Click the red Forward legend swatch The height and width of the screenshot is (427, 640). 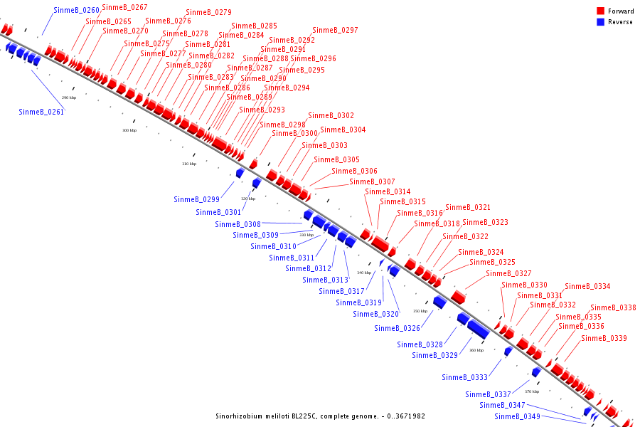pos(601,11)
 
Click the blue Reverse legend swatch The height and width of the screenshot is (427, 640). pos(601,22)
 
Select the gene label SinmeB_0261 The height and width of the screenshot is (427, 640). pos(41,112)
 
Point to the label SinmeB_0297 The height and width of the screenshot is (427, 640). pos(335,31)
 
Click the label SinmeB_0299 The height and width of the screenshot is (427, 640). pos(196,199)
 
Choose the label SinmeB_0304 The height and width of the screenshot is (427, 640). pos(343,130)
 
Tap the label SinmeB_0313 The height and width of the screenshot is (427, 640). pos(325,280)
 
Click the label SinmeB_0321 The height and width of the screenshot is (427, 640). pos(468,208)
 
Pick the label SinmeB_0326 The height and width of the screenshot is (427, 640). pos(397,328)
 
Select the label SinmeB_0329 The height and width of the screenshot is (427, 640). pos(434,355)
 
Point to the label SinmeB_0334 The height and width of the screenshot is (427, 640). pos(587,287)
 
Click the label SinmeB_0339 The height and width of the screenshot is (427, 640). pos(604,339)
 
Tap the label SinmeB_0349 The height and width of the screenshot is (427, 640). pos(517,416)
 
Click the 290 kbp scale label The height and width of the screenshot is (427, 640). pos(69,97)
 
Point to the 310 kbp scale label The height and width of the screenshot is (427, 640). pos(189,164)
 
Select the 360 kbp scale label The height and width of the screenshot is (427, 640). pos(476,350)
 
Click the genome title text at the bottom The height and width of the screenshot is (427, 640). pos(320,416)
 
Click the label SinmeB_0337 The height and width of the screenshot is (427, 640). pos(489,394)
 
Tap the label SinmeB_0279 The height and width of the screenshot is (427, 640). pos(208,13)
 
